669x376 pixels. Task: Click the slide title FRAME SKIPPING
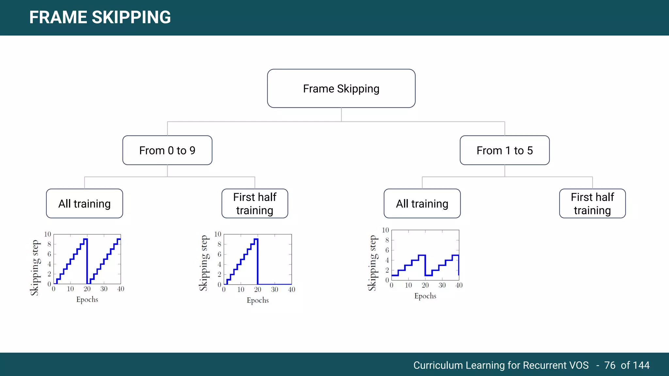[x=100, y=17]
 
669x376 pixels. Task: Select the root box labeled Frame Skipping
[x=341, y=88]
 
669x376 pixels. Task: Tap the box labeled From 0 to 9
[x=167, y=150]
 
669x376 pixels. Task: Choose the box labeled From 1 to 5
[x=504, y=150]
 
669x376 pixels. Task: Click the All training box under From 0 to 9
[x=85, y=204]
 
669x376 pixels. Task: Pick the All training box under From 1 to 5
[x=422, y=204]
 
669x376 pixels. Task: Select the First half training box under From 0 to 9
[x=255, y=204]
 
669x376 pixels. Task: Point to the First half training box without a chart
[x=592, y=204]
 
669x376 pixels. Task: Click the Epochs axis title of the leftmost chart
[x=87, y=300]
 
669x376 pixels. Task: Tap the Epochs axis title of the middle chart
[x=258, y=300]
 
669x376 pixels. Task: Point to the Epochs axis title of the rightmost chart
[x=425, y=296]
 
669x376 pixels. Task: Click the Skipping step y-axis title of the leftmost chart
[x=35, y=268]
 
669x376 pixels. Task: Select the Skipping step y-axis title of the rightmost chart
[x=372, y=263]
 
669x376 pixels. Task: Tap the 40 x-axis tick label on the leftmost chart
[x=121, y=289]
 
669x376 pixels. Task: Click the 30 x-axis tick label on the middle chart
[x=274, y=290]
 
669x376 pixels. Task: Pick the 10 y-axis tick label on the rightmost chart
[x=385, y=230]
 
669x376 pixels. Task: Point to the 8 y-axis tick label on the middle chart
[x=220, y=244]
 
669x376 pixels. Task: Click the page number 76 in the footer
[x=610, y=365]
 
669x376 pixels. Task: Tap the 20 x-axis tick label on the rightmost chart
[x=425, y=285]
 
